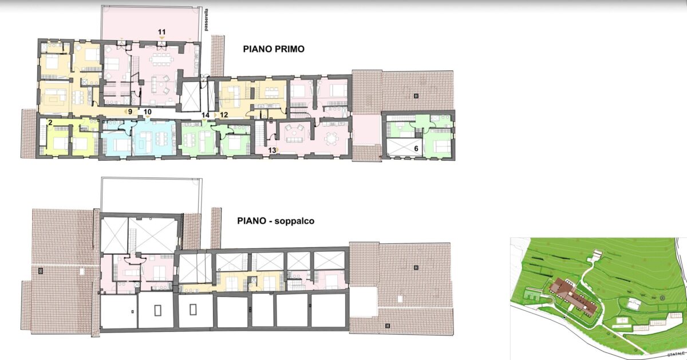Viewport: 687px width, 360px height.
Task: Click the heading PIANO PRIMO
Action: (274, 49)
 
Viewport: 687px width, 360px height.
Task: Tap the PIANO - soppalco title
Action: (276, 221)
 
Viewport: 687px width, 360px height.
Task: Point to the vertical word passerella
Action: (206, 21)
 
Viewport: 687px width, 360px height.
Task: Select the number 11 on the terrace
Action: (161, 31)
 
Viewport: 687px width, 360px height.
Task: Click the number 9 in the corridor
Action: (130, 112)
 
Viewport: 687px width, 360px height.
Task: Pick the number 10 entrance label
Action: (148, 112)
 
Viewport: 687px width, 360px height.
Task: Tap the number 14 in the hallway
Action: (205, 115)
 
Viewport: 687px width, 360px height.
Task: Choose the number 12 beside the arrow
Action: (224, 114)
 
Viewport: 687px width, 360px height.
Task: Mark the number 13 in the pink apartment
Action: (272, 151)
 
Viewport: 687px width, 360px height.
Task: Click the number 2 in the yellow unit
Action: (50, 122)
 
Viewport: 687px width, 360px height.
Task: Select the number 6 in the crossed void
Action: (416, 148)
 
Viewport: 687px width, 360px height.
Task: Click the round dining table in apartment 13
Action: (331, 139)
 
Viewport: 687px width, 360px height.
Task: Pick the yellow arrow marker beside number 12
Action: (215, 114)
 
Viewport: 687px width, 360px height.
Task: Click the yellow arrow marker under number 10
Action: (148, 117)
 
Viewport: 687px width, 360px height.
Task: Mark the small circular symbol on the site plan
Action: (662, 298)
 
